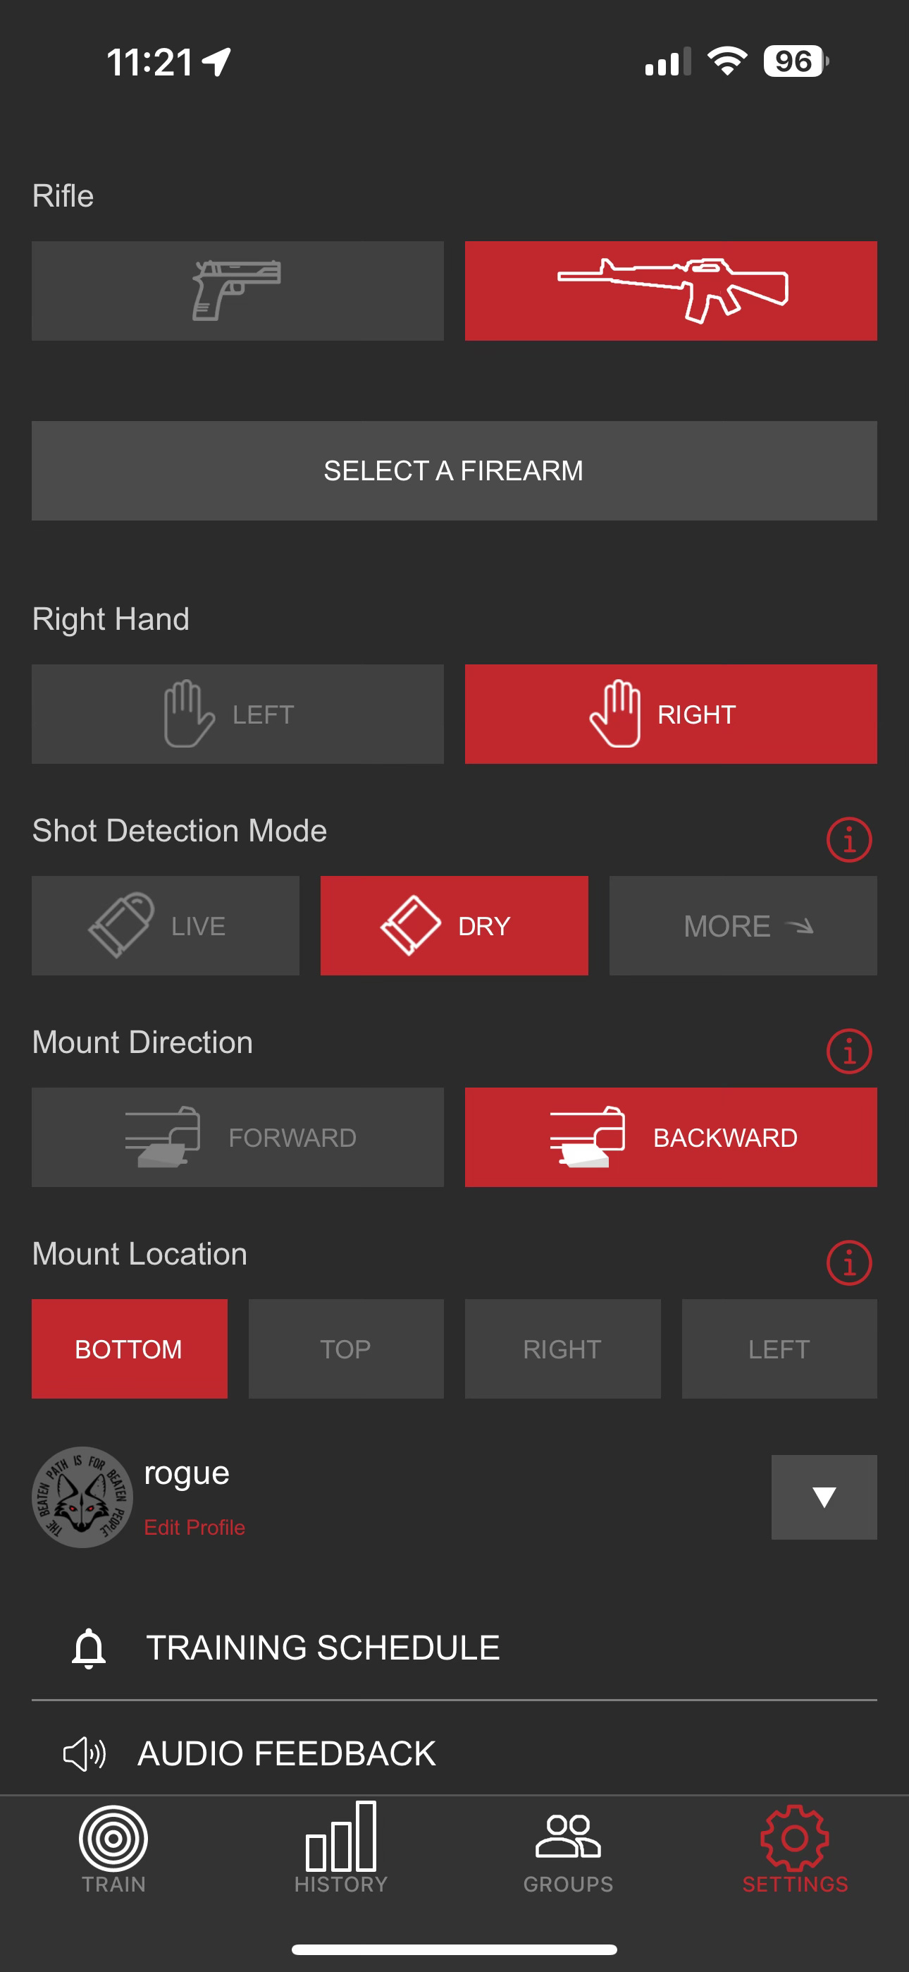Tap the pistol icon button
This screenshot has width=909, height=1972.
[x=237, y=291]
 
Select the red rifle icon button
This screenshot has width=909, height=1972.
[x=671, y=291]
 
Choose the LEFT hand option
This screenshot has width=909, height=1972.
[x=237, y=714]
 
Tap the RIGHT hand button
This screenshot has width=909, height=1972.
[x=671, y=714]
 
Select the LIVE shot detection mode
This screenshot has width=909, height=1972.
[x=166, y=925]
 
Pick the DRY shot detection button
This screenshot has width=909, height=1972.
[x=455, y=925]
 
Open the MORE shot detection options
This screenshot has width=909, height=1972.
[x=743, y=925]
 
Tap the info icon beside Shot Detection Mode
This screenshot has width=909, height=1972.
[x=849, y=840]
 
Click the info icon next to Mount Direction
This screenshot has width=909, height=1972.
[x=849, y=1051]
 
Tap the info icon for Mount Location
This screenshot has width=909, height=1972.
[x=849, y=1263]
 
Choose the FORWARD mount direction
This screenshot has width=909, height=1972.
[x=237, y=1138]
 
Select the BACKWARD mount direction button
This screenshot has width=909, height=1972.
[x=671, y=1138]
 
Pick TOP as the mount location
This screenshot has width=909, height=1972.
[x=346, y=1349]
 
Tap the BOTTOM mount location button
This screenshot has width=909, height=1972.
[x=130, y=1349]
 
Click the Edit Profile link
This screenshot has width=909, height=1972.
[x=194, y=1527]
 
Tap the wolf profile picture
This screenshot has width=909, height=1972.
[x=82, y=1497]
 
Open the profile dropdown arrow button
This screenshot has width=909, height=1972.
[x=824, y=1497]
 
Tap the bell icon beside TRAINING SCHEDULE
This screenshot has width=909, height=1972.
[x=89, y=1648]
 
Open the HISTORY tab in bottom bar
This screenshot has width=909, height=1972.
[x=341, y=1848]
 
